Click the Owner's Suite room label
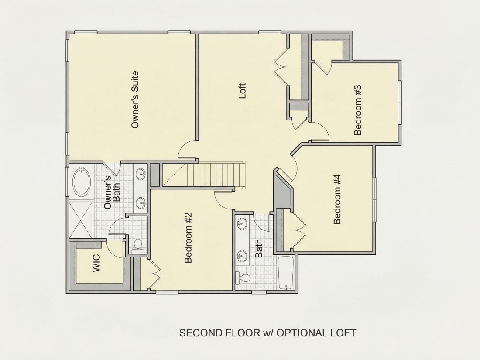click(x=135, y=99)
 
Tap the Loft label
click(x=243, y=91)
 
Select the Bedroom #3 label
click(x=358, y=110)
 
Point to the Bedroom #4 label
click(x=337, y=199)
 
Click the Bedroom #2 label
click(x=189, y=238)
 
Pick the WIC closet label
click(x=96, y=263)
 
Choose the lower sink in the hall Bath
click(x=242, y=255)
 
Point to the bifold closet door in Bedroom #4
click(x=299, y=230)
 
